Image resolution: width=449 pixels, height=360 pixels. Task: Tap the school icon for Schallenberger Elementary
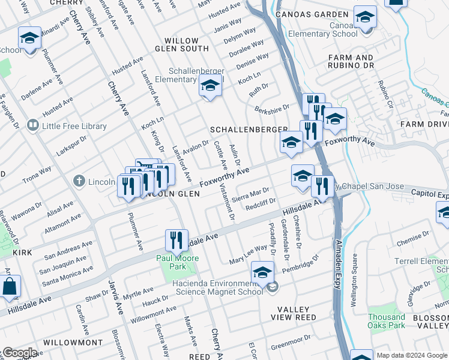tap(210, 88)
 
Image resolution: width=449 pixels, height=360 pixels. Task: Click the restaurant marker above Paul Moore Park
tap(176, 241)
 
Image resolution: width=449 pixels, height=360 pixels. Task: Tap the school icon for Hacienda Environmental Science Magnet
tap(262, 273)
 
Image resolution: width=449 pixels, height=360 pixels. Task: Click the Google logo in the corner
tap(20, 353)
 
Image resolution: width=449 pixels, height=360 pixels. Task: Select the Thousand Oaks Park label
tap(387, 321)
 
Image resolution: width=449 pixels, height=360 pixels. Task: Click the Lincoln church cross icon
tap(78, 181)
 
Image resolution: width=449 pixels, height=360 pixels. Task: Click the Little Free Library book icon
tap(32, 126)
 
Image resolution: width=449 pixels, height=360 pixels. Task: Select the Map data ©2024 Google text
tap(412, 355)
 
